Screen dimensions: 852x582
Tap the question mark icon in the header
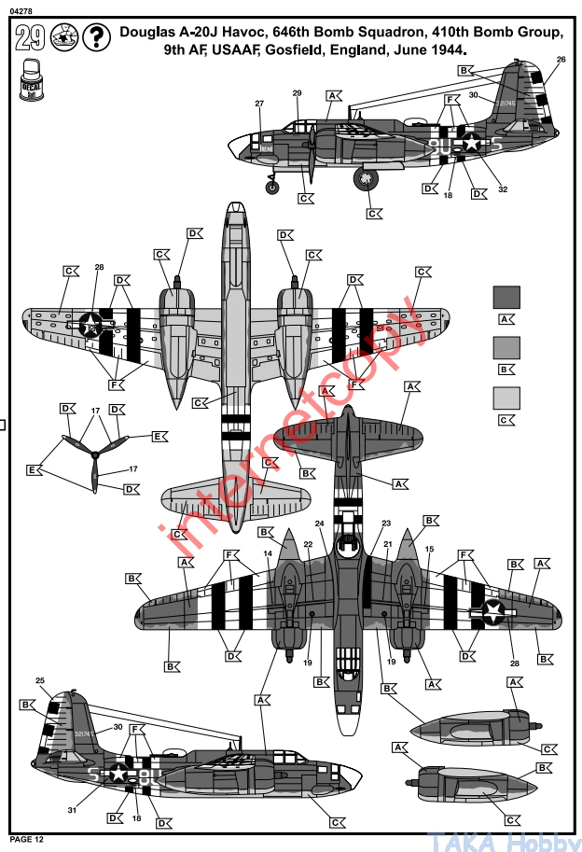click(x=93, y=38)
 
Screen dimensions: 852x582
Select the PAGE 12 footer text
click(x=26, y=839)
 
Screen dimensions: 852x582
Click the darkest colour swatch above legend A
click(x=506, y=296)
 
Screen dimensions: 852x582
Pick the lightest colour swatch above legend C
click(x=506, y=397)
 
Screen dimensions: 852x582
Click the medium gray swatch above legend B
click(x=506, y=346)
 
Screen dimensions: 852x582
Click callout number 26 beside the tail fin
click(x=561, y=60)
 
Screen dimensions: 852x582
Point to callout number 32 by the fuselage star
click(x=503, y=189)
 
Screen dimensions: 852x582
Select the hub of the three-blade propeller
click(x=94, y=454)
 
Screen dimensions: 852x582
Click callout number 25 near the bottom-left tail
click(x=40, y=680)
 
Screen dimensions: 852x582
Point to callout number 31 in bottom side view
click(x=72, y=810)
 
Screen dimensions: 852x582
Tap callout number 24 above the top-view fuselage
click(x=320, y=524)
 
